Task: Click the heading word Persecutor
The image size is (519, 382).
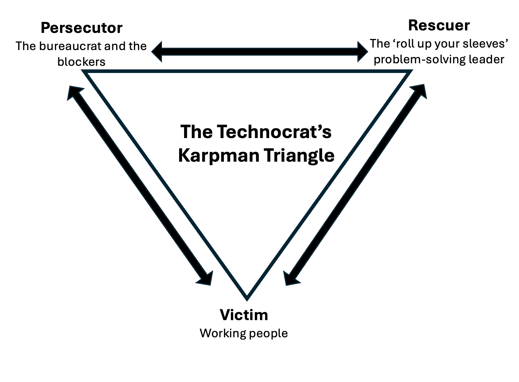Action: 81,28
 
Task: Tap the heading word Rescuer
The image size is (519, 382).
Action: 439,25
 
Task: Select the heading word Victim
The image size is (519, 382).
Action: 244,315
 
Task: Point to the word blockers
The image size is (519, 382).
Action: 81,62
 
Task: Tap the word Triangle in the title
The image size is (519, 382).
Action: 300,155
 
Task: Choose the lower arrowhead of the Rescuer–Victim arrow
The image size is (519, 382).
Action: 290,278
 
